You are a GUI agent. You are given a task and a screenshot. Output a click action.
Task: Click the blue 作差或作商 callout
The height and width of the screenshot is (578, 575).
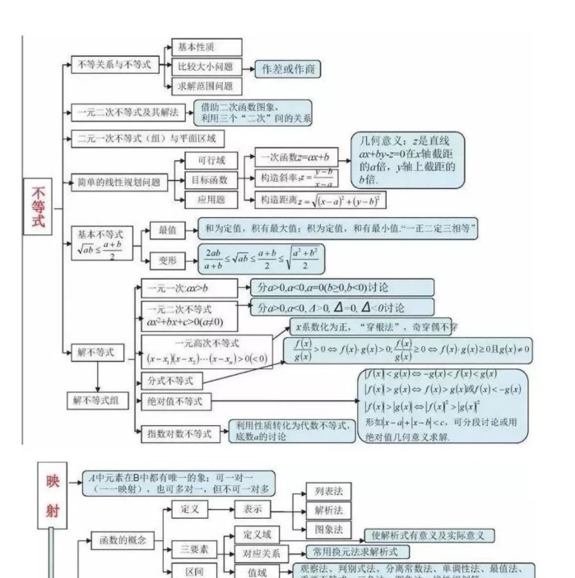287,69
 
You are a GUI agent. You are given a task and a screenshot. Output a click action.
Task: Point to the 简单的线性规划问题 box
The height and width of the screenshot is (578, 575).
118,181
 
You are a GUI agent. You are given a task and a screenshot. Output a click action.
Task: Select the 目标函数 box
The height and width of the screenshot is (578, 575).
210,180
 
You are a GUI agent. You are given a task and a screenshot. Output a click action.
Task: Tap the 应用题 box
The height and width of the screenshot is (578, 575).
210,199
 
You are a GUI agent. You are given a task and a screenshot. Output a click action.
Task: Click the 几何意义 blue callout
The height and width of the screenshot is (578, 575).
406,160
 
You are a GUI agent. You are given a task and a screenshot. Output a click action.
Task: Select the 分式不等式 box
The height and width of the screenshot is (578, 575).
169,381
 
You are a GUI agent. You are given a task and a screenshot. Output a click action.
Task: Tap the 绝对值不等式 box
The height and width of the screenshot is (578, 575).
178,401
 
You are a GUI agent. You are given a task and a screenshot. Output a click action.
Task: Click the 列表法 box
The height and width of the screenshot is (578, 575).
328,491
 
